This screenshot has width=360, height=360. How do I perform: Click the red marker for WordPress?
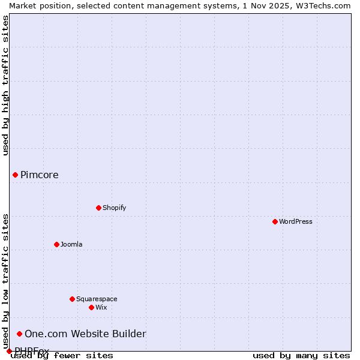pos(275,221)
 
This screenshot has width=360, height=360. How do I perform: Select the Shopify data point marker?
pos(98,208)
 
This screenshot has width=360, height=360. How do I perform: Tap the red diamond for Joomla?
pos(56,244)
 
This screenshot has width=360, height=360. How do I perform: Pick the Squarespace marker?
pos(72,299)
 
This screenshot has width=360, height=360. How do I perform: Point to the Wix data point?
pos(91,307)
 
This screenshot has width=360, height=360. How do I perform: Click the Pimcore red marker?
pos(15,175)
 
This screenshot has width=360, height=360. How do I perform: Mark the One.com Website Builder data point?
pos(19,334)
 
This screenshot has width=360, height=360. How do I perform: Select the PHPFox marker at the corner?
pos(9,351)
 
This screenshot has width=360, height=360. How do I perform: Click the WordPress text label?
pos(296,221)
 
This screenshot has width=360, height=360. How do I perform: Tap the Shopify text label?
pos(114,208)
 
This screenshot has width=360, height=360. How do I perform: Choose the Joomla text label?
pos(71,244)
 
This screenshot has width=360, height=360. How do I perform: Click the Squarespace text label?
pos(97,299)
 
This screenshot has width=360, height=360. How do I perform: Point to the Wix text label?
pos(101,307)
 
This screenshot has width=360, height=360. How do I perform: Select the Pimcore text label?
pos(40,175)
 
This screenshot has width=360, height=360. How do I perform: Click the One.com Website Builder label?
pos(85,334)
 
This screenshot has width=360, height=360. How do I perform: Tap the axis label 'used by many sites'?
pos(301,355)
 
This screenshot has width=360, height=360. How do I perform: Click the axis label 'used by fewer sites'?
pos(62,355)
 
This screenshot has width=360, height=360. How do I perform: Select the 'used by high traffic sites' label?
pos(5,85)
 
